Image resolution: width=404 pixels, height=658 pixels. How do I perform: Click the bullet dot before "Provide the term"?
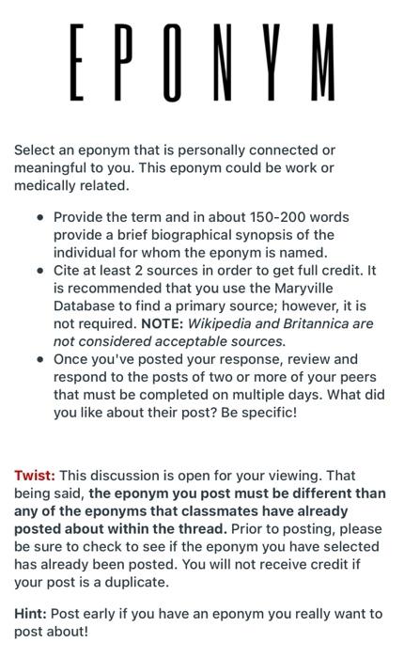click(40, 217)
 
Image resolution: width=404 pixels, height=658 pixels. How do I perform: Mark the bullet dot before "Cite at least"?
click(40, 271)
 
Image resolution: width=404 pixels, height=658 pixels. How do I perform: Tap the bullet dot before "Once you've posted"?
click(40, 359)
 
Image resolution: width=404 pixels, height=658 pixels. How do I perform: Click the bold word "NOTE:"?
click(163, 323)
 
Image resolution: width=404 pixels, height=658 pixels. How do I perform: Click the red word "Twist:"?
click(35, 476)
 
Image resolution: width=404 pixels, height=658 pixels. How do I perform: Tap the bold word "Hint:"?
click(31, 614)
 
